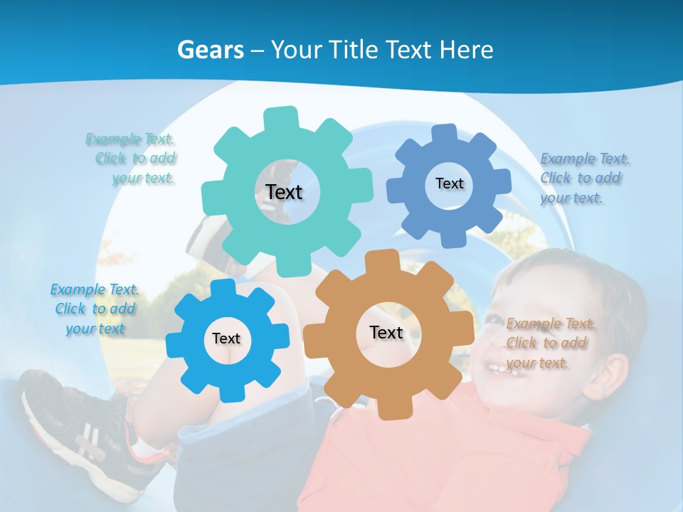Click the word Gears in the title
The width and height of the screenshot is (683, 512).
(211, 50)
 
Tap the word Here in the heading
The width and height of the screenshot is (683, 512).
(466, 50)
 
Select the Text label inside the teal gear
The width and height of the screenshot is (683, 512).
(284, 192)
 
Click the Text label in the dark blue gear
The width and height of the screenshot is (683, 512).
(449, 183)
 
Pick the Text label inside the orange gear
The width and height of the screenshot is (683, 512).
(386, 332)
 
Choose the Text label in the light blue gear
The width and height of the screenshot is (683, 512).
(226, 338)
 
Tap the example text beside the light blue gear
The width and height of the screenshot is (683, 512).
(95, 309)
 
